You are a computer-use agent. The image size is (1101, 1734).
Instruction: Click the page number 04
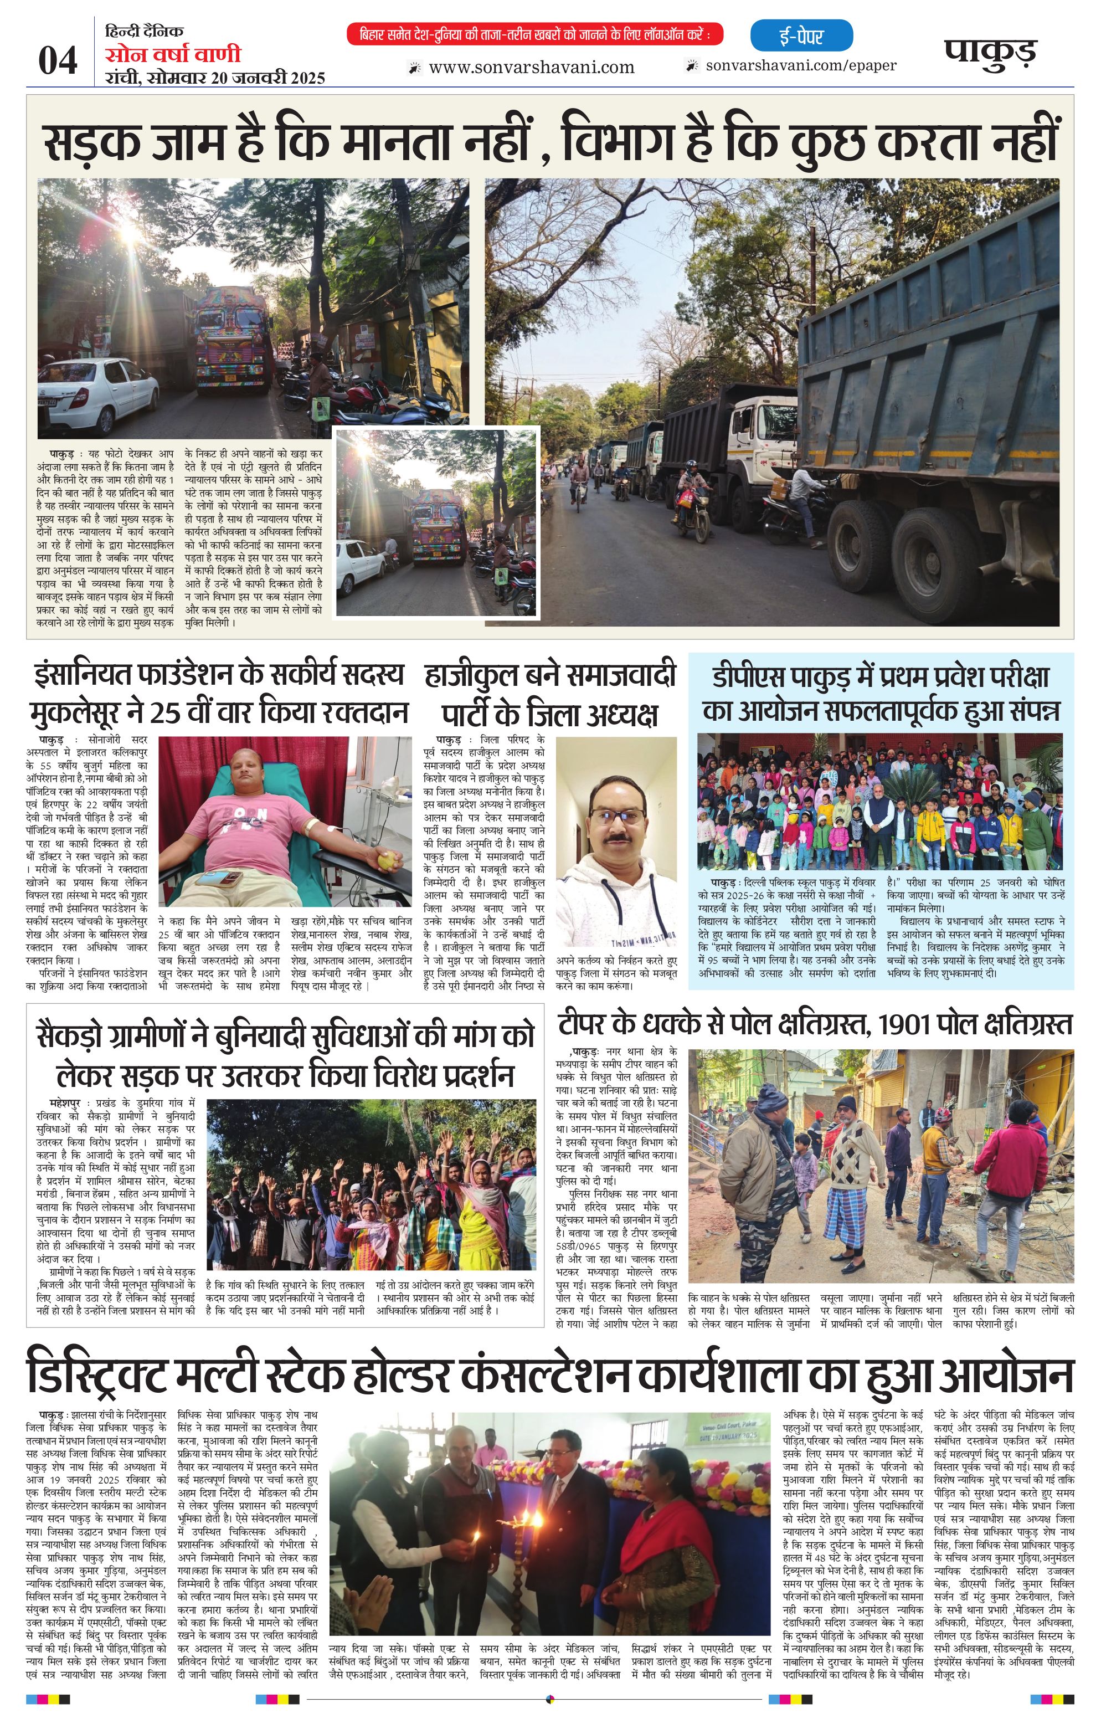tap(57, 60)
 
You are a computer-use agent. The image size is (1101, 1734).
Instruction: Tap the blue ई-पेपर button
tap(801, 36)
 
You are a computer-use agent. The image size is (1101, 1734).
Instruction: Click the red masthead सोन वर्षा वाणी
tap(173, 55)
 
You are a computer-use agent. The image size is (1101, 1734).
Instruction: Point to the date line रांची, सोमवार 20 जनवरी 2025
tap(214, 78)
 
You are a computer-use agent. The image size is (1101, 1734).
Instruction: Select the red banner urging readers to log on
tap(534, 34)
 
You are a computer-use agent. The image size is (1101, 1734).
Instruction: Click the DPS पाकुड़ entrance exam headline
tap(881, 694)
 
